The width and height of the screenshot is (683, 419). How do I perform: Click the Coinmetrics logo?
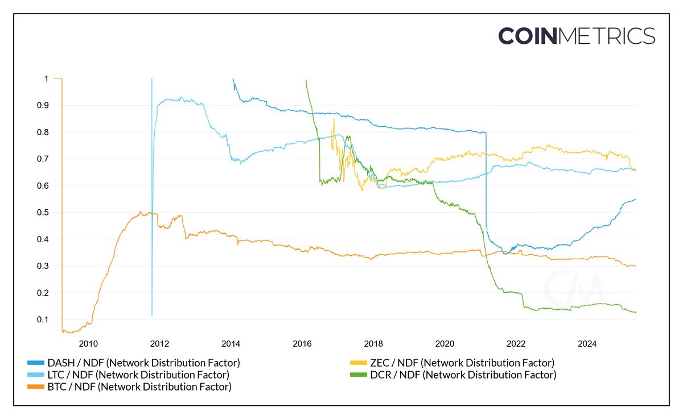pos(577,36)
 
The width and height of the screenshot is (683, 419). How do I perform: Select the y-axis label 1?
pos(46,78)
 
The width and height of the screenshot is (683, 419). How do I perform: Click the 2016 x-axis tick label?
pos(302,343)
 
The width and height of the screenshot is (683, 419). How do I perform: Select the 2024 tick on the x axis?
pos(587,343)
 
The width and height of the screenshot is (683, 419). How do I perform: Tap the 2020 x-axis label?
pos(444,343)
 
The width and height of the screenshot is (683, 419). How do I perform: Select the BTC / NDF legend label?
pos(140,388)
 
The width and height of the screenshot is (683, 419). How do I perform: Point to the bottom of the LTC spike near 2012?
pos(152,316)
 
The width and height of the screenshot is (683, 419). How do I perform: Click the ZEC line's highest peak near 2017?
pos(334,118)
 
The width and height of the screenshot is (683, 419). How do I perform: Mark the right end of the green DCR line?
pos(635,312)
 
